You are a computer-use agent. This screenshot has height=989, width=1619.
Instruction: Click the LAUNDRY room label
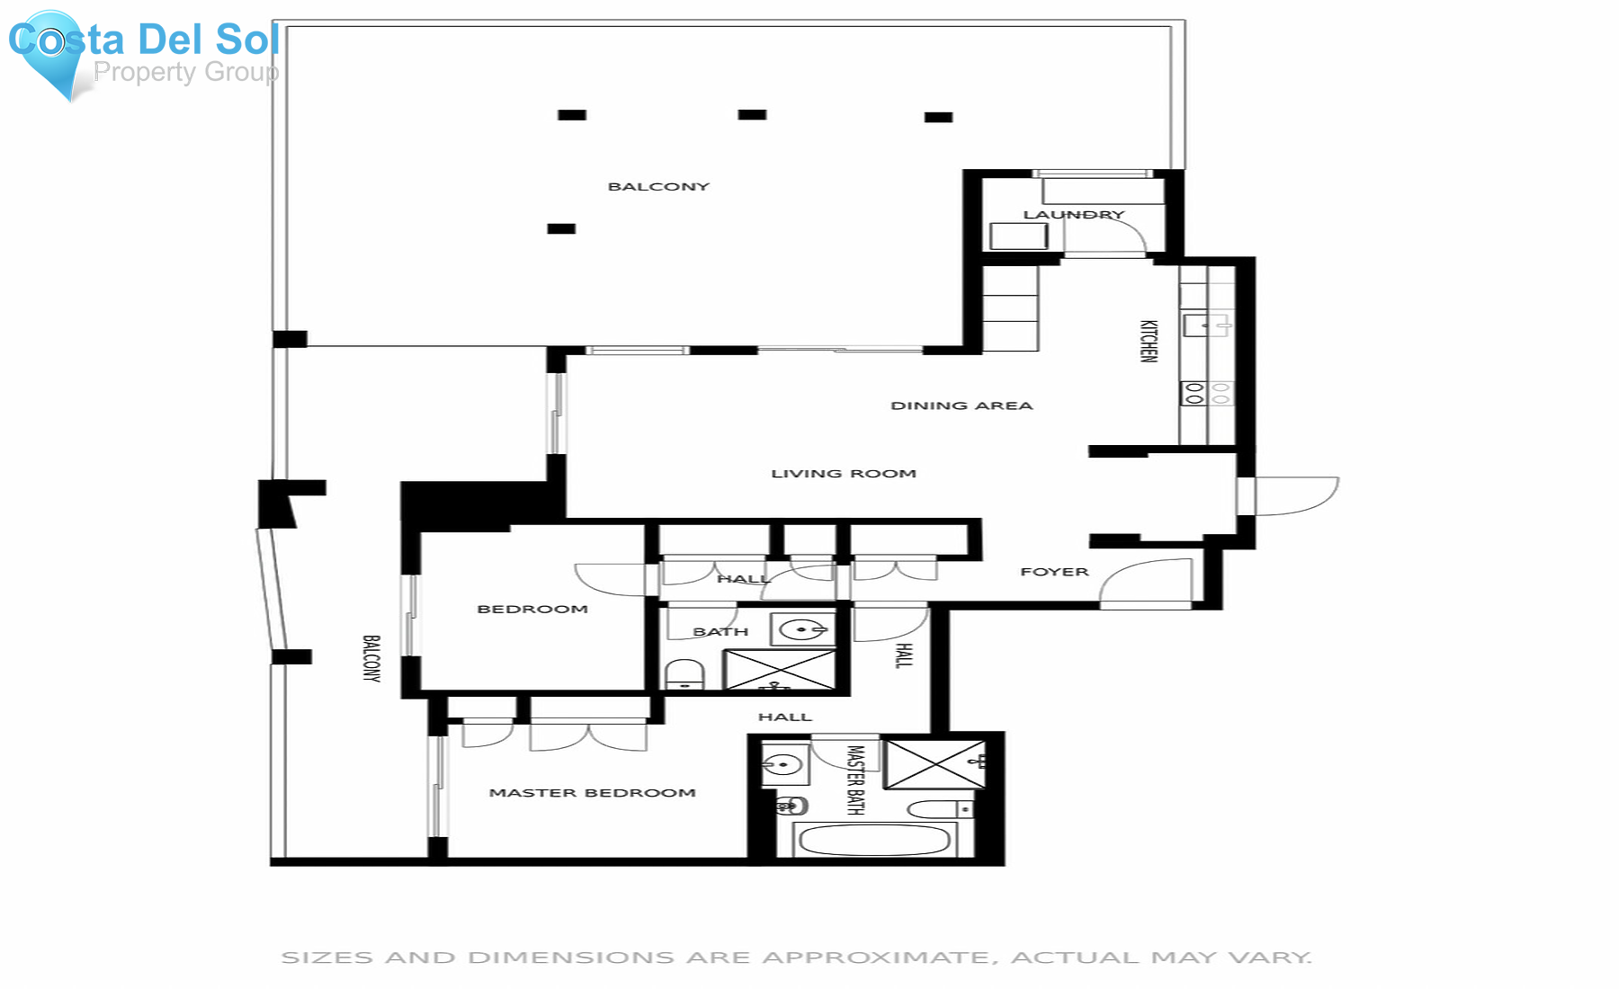pyautogui.click(x=1073, y=214)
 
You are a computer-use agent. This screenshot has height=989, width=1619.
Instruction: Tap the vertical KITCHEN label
pyautogui.click(x=1148, y=341)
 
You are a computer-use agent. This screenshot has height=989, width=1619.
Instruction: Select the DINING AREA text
pyautogui.click(x=962, y=405)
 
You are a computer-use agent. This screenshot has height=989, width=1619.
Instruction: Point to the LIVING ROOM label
pyautogui.click(x=843, y=473)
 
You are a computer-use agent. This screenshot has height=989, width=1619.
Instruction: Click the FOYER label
pyautogui.click(x=1054, y=572)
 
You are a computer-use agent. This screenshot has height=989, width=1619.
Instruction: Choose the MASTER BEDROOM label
pyautogui.click(x=592, y=792)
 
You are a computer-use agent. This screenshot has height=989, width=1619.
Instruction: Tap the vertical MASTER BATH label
pyautogui.click(x=854, y=780)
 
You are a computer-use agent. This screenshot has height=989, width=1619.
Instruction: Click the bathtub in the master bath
pyautogui.click(x=873, y=841)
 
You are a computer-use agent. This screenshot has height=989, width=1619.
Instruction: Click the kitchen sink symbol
pyautogui.click(x=1205, y=324)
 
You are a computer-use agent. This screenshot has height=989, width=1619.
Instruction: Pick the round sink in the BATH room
pyautogui.click(x=801, y=629)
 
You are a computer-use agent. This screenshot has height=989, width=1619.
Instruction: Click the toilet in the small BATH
pyautogui.click(x=684, y=674)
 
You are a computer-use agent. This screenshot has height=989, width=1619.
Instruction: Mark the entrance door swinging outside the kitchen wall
pyautogui.click(x=1295, y=496)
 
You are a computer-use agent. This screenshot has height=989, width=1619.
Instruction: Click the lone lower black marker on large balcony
pyautogui.click(x=561, y=228)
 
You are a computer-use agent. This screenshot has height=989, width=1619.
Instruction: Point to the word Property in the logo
pyautogui.click(x=144, y=72)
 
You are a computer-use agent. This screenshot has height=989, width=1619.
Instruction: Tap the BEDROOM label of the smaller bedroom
pyautogui.click(x=532, y=609)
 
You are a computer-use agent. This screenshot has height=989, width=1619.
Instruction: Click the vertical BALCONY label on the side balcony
pyautogui.click(x=371, y=658)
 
